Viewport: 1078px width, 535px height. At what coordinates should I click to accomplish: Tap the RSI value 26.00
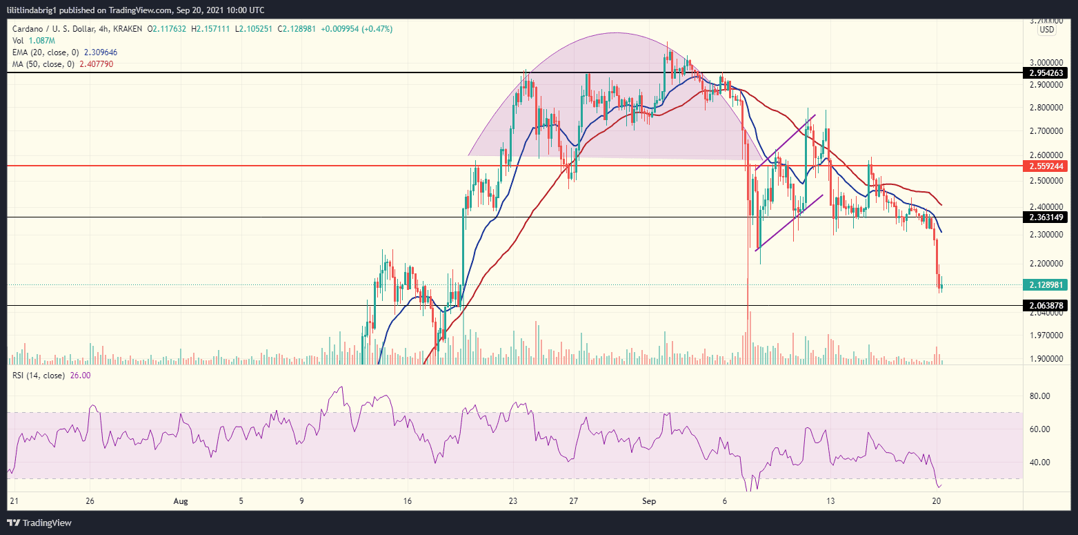click(79, 376)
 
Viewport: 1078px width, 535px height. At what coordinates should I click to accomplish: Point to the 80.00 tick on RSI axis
click(1039, 396)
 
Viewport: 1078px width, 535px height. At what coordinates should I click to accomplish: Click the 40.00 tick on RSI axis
click(1039, 463)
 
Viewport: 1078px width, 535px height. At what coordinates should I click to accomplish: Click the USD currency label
click(1047, 30)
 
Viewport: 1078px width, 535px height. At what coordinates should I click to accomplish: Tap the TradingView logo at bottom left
click(39, 523)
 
